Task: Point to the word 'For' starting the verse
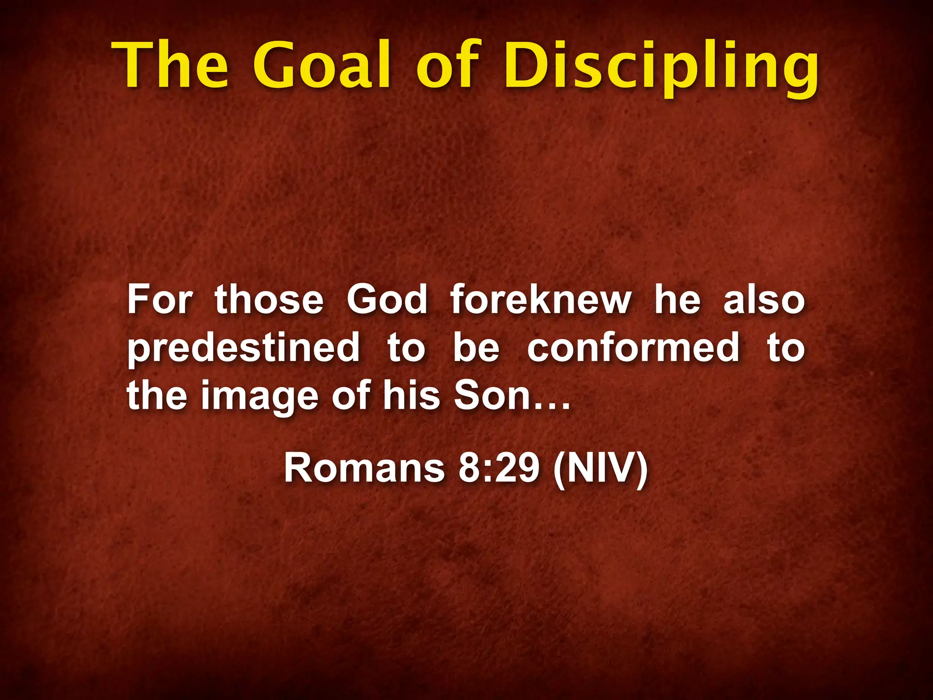[159, 299]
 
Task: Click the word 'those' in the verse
[269, 299]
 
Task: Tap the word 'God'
[387, 299]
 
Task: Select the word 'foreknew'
[541, 299]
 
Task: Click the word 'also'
[764, 299]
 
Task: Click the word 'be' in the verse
[476, 348]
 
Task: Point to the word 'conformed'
[634, 348]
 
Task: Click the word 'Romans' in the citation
[364, 468]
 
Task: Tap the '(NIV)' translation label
[600, 469]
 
